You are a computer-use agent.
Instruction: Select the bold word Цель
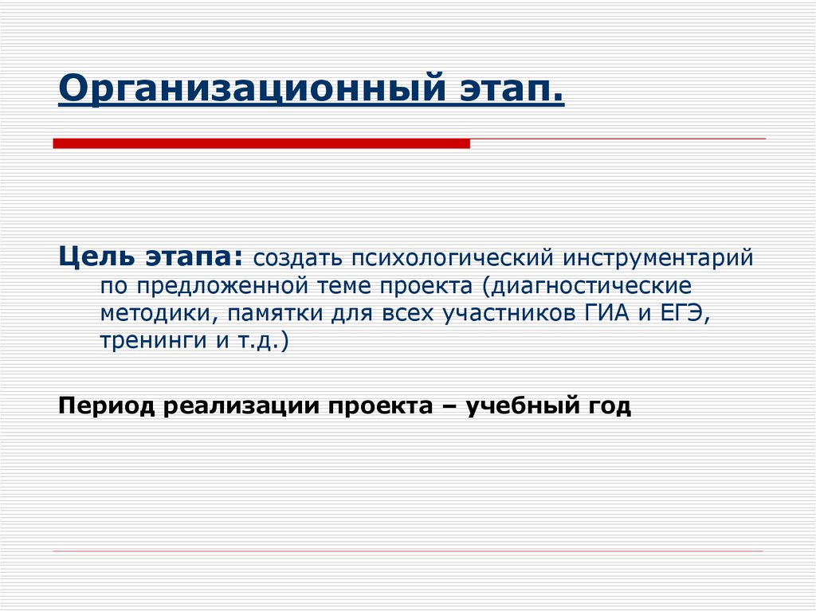pos(96,258)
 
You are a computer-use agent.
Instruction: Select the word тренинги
pos(143,342)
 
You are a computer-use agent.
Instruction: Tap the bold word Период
pos(106,406)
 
